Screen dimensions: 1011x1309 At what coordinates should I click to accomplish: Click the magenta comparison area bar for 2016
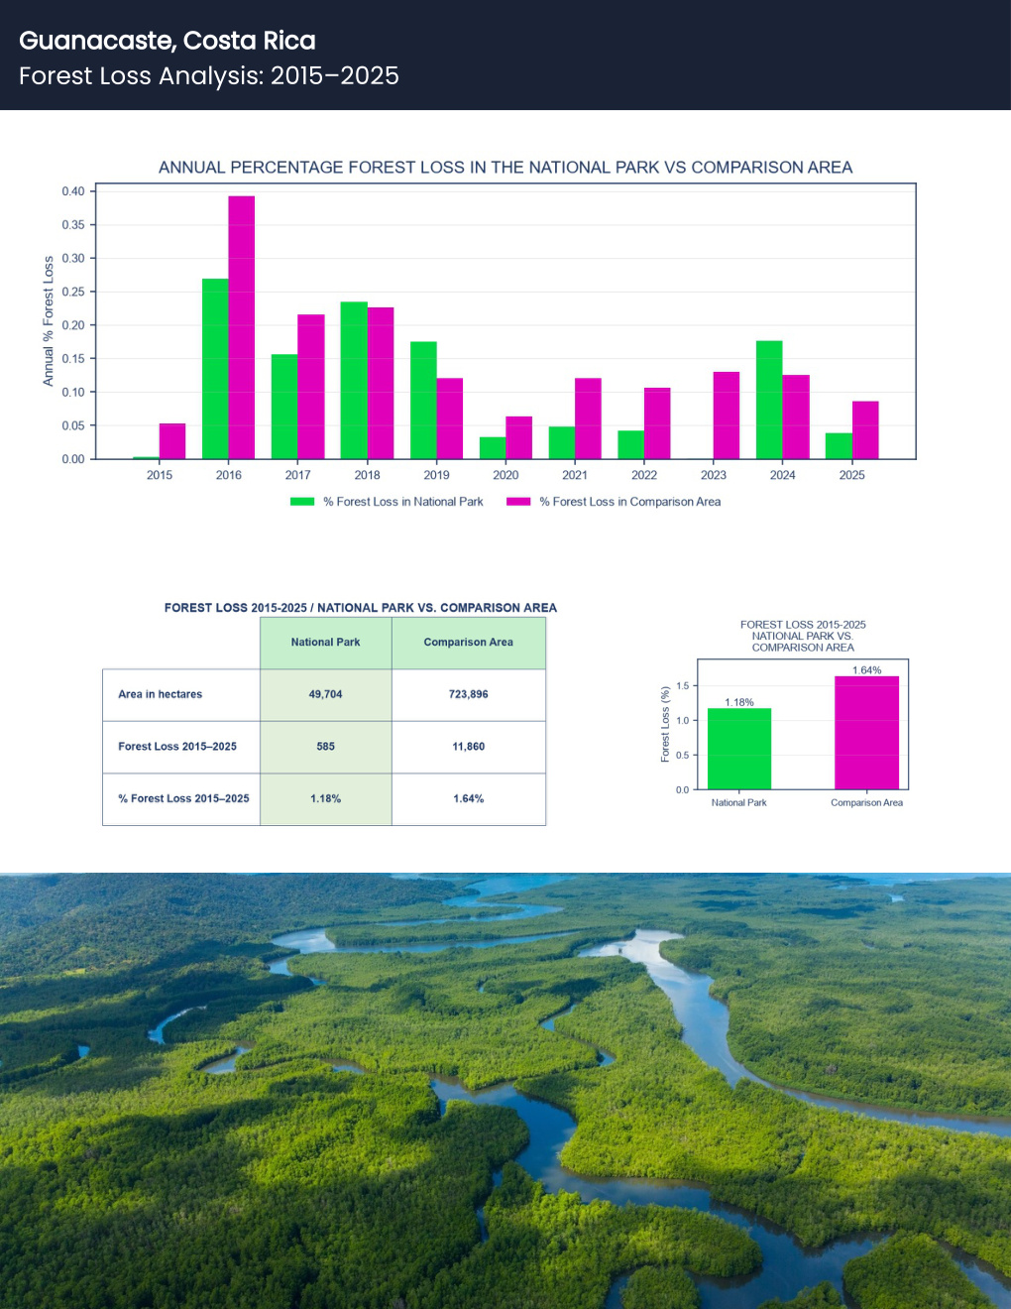tap(242, 327)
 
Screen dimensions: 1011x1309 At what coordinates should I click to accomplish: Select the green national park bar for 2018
tap(354, 380)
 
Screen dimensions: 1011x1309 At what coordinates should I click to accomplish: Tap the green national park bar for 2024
tap(769, 400)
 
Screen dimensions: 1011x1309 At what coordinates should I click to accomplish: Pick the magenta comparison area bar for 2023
tap(727, 416)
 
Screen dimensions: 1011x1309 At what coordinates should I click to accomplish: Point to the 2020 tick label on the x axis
tap(505, 475)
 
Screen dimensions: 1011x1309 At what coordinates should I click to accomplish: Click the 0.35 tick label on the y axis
tap(73, 225)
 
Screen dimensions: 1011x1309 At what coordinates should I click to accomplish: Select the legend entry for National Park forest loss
tap(387, 502)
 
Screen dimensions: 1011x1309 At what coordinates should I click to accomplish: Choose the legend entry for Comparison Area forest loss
tap(614, 502)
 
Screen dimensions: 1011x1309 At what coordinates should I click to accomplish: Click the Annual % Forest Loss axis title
tap(49, 321)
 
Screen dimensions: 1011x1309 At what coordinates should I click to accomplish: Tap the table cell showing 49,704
tap(326, 694)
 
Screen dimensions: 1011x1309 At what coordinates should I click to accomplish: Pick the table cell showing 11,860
tap(469, 747)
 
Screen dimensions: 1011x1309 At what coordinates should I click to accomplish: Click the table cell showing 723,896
tap(469, 694)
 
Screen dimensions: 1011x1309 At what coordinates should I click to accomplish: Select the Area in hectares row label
tap(161, 694)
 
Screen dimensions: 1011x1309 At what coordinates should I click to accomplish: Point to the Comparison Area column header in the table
tap(469, 643)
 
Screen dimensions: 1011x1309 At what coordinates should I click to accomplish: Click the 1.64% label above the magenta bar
tap(866, 670)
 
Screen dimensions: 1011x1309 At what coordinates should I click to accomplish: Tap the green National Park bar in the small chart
tap(739, 749)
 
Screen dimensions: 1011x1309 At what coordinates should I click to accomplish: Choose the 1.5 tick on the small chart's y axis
tap(683, 685)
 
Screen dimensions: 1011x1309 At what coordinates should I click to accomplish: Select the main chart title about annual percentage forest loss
tap(505, 168)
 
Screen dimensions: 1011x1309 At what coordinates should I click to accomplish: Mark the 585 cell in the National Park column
tap(326, 747)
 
